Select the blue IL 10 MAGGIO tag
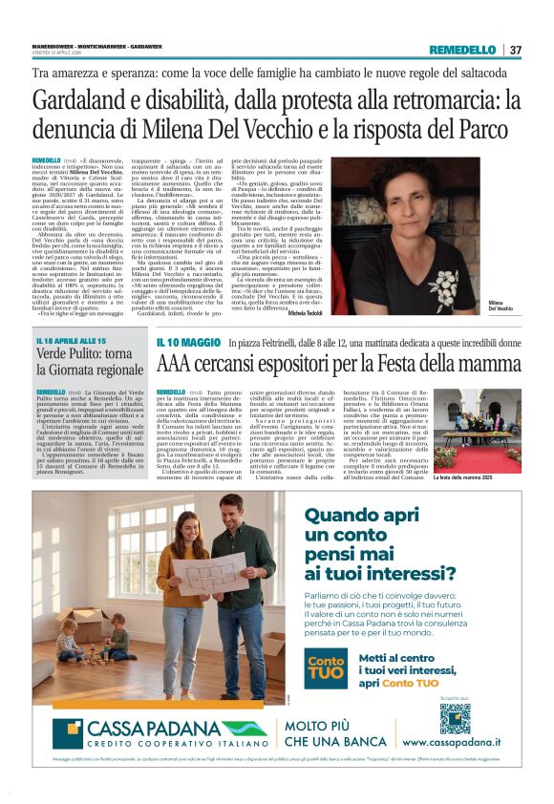click(x=191, y=341)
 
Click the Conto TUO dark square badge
click(x=326, y=666)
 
